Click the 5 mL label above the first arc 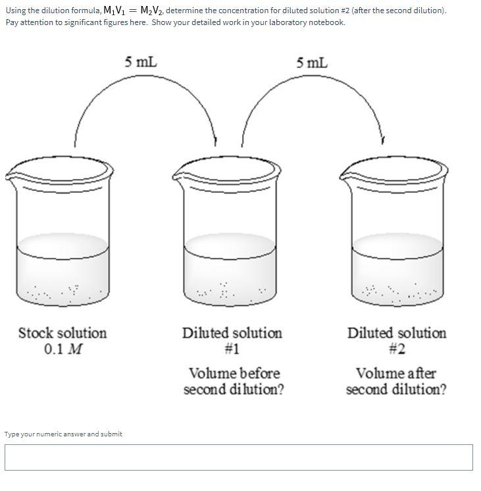coord(141,63)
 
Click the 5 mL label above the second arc coord(311,63)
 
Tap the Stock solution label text coord(62,333)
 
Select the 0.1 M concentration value coord(63,349)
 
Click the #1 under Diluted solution coord(232,349)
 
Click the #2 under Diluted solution coord(396,349)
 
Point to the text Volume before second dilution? coord(234,382)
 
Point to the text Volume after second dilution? coord(396,382)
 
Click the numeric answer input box coord(239,457)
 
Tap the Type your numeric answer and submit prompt coord(63,434)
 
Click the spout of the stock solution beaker coord(10,176)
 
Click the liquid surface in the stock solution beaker coord(63,245)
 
